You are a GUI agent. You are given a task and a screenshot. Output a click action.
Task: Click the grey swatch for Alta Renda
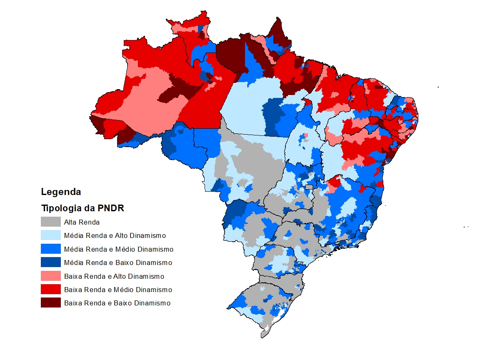[51, 222]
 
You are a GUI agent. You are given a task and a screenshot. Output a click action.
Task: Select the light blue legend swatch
[51, 235]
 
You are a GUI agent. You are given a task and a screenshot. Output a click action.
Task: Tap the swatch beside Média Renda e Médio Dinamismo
[51, 249]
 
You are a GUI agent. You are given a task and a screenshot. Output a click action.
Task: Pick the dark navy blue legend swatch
[51, 262]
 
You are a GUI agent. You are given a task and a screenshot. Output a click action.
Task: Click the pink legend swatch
[51, 276]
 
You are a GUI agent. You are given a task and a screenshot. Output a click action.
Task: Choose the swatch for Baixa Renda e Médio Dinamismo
[51, 290]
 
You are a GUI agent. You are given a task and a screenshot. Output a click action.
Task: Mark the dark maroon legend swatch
[51, 303]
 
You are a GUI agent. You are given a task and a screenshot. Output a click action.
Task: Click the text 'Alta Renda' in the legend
[82, 222]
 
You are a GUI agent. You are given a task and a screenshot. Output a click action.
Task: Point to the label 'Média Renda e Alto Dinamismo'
[115, 235]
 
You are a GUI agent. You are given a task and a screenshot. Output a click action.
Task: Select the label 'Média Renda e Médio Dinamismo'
[118, 249]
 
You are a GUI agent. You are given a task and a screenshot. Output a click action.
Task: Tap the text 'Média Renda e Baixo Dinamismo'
[118, 262]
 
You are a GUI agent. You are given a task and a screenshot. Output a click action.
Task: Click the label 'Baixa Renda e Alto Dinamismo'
[114, 276]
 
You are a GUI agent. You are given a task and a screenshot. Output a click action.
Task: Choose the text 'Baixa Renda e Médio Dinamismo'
[118, 290]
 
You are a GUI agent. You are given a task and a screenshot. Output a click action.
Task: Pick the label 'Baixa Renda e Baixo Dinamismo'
[117, 303]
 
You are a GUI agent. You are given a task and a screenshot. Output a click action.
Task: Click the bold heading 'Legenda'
[61, 192]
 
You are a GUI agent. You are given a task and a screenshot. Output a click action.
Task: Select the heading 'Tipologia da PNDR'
[82, 208]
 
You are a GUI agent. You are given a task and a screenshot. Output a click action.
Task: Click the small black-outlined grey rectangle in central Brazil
[309, 187]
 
